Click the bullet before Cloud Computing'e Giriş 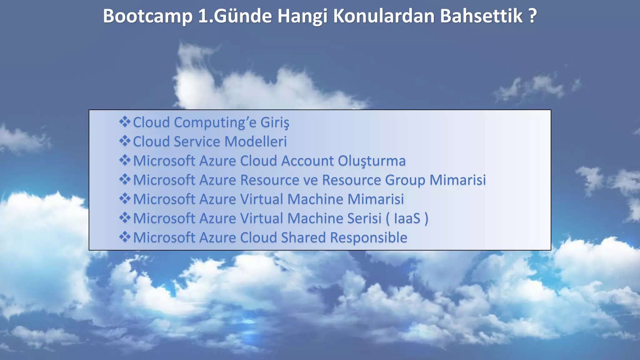coord(125,122)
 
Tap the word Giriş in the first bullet coord(275,122)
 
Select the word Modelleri coord(255,141)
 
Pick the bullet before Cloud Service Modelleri coord(125,141)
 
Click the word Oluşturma coord(372,161)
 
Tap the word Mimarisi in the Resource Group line coord(457,180)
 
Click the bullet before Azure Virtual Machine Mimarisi coord(125,199)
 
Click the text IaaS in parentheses coord(407,218)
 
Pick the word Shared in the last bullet coord(303,237)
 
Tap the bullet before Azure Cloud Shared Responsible coord(125,237)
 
